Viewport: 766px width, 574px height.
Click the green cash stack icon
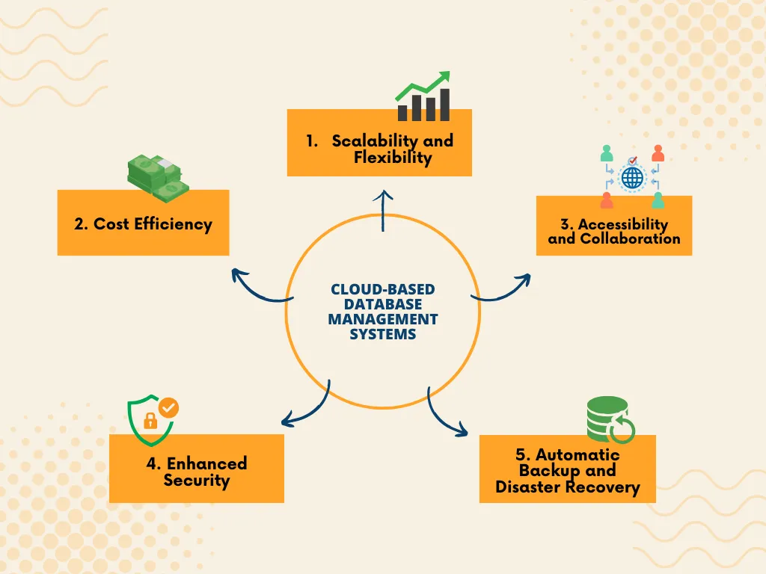(x=155, y=176)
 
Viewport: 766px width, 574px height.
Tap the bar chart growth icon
(x=423, y=97)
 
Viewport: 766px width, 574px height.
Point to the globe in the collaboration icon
(x=632, y=178)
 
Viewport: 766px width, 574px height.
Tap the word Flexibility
(x=393, y=158)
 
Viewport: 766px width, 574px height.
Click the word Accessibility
(x=622, y=224)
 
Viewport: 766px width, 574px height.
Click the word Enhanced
(x=206, y=463)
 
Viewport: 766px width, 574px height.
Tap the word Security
(x=196, y=481)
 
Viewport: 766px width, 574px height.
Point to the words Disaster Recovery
(x=568, y=488)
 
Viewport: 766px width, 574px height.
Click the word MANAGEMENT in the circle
(x=383, y=319)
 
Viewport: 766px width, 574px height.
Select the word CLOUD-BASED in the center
(x=383, y=289)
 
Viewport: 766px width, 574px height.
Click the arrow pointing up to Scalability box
(x=384, y=209)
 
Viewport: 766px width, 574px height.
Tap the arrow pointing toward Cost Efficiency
(x=258, y=288)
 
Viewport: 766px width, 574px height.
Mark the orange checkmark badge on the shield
(x=170, y=407)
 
